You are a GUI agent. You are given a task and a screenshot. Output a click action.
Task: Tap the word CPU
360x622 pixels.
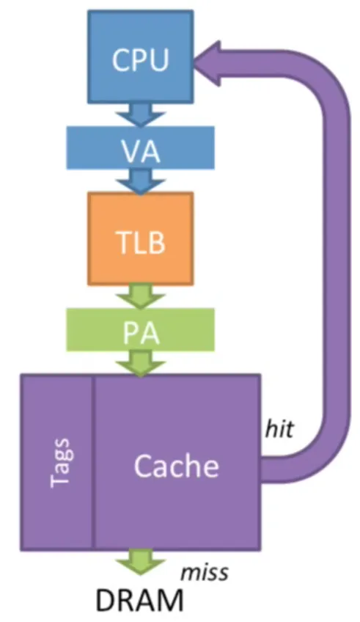(140, 60)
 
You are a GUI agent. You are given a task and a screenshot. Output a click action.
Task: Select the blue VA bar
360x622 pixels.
(140, 147)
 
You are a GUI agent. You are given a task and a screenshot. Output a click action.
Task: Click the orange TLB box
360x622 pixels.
(140, 238)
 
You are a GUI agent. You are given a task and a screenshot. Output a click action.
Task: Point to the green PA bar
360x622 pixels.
(140, 329)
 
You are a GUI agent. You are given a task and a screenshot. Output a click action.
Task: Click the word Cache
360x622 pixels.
(177, 465)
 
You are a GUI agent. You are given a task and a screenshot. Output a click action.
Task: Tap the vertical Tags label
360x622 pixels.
(60, 463)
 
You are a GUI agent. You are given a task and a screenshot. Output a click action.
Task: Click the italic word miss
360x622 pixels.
(205, 572)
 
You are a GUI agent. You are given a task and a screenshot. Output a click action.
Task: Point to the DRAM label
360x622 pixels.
(139, 600)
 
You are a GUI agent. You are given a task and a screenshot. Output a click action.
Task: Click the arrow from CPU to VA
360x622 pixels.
(140, 114)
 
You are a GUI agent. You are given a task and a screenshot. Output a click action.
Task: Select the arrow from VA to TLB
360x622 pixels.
(140, 181)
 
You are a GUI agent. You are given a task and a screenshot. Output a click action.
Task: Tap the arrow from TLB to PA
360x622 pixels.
(140, 296)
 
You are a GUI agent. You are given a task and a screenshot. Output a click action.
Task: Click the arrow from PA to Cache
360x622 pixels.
(140, 363)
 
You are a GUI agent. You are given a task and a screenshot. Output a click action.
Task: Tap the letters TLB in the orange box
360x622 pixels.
(140, 241)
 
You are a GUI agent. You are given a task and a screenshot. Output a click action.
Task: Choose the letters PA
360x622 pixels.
(140, 332)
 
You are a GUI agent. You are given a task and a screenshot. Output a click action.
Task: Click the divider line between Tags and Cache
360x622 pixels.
(94, 462)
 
